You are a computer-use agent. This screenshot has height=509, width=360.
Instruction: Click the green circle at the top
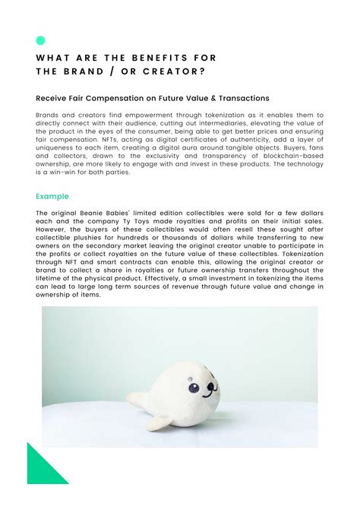click(40, 40)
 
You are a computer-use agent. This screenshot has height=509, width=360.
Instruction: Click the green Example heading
click(52, 196)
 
